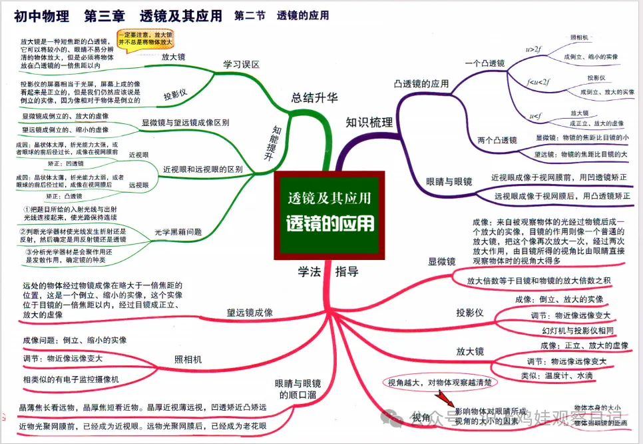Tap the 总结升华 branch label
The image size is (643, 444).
pos(314,98)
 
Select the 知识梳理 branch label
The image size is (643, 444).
pos(369,122)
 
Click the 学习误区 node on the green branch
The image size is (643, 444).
pos(241,64)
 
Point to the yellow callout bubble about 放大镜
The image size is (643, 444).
pos(145,37)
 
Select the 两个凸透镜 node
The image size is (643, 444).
pos(497,140)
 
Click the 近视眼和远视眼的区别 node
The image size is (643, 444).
pos(203,169)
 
